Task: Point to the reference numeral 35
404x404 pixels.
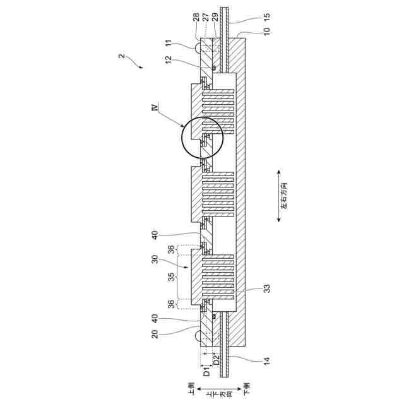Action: [172, 278]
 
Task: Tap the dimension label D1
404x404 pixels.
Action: [206, 372]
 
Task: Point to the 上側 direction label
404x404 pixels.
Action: [190, 386]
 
